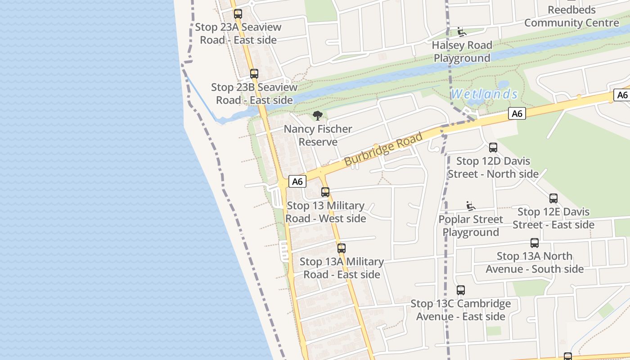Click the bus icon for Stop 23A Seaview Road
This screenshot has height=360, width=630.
click(x=238, y=14)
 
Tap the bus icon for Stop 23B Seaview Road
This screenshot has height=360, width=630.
click(x=254, y=74)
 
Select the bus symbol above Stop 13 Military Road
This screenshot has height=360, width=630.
click(x=325, y=192)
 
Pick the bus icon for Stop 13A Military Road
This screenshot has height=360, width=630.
click(x=342, y=248)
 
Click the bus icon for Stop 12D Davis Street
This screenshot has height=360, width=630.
click(x=493, y=148)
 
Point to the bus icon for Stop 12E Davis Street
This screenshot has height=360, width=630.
click(x=553, y=198)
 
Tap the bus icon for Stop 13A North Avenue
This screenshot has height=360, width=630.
click(x=535, y=243)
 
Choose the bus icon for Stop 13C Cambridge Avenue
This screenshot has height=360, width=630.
click(x=460, y=290)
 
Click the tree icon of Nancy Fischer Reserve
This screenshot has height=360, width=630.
click(x=318, y=116)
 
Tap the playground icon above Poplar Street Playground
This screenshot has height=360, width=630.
click(x=471, y=206)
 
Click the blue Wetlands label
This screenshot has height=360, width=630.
click(x=484, y=94)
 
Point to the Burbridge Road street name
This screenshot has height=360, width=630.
click(x=383, y=149)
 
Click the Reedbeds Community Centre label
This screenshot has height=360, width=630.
click(x=571, y=16)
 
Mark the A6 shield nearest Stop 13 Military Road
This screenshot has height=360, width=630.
click(x=297, y=181)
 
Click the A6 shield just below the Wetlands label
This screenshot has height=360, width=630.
click(x=517, y=113)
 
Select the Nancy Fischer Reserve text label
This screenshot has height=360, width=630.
click(x=318, y=135)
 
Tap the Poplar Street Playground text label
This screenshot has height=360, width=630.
click(x=471, y=226)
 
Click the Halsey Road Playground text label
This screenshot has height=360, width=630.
click(x=462, y=52)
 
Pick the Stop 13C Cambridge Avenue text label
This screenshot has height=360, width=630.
click(x=461, y=310)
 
